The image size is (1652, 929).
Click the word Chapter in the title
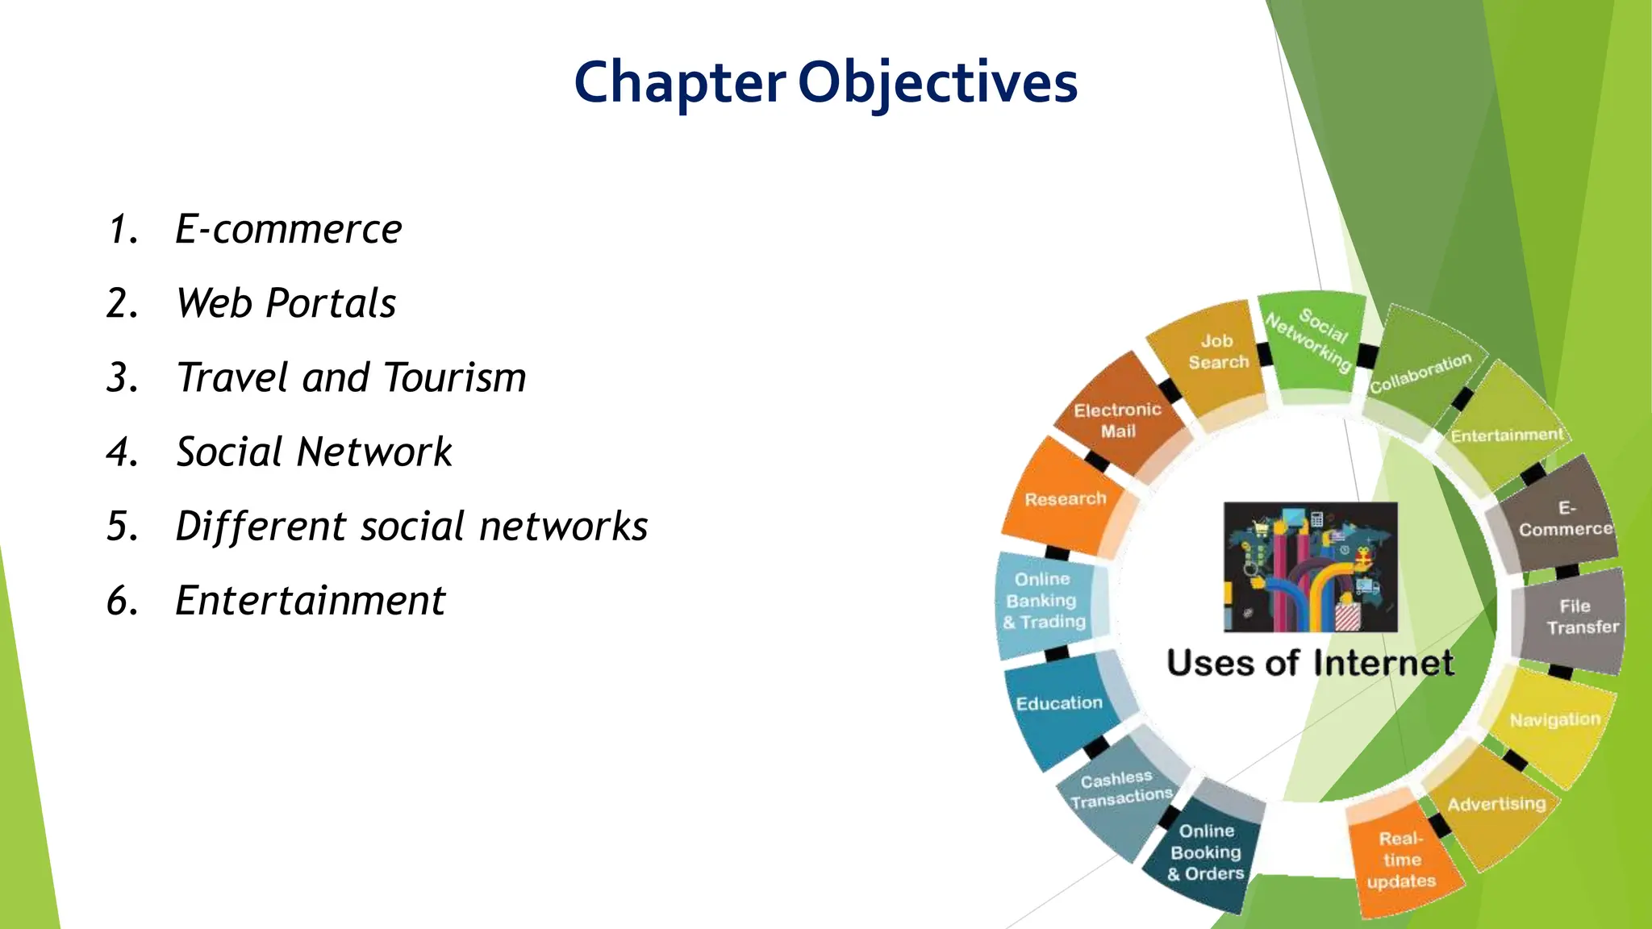[x=679, y=83]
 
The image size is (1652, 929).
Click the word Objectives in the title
[x=937, y=83]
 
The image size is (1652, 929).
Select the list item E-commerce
[x=288, y=229]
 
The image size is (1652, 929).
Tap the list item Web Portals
[x=286, y=303]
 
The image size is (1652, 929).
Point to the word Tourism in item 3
[x=455, y=377]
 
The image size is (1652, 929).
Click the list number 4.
[x=123, y=452]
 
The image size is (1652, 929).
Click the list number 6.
[x=123, y=600]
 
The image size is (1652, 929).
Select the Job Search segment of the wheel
[x=1216, y=352]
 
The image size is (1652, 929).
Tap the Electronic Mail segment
[x=1117, y=420]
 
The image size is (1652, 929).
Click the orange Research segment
[x=1065, y=499]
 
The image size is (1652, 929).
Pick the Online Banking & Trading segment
[x=1044, y=601]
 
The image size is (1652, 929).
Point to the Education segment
[x=1059, y=703]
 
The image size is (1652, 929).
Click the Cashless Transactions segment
[x=1120, y=789]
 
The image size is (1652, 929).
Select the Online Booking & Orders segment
[x=1206, y=852]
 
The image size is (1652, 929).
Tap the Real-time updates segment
[x=1401, y=860]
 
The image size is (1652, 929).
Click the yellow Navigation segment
[x=1554, y=719]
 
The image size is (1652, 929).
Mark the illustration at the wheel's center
[x=1310, y=567]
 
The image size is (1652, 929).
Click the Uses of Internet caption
[x=1310, y=663]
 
